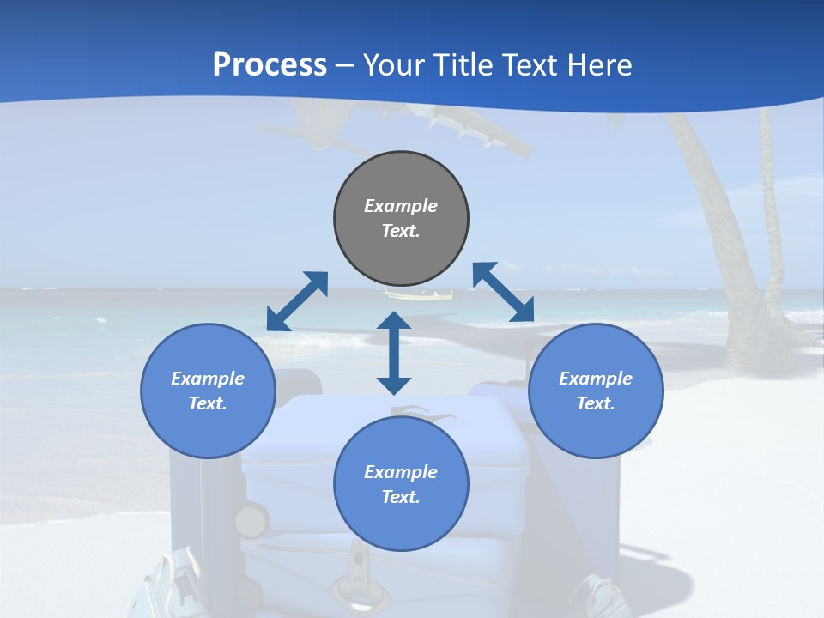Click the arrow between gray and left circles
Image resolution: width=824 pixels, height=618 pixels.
[297, 301]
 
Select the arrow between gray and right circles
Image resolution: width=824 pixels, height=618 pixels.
[504, 292]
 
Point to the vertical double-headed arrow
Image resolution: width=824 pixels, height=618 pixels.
[394, 353]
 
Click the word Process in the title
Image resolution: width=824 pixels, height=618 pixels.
[270, 64]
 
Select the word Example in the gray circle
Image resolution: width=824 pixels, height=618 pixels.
[401, 206]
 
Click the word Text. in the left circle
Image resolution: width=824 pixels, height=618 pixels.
[208, 403]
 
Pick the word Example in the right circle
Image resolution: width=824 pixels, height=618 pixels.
[596, 379]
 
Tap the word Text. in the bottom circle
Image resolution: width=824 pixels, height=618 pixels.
[401, 497]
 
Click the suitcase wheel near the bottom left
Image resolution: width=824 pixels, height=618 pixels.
[251, 521]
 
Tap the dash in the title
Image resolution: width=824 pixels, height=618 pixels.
[345, 65]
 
